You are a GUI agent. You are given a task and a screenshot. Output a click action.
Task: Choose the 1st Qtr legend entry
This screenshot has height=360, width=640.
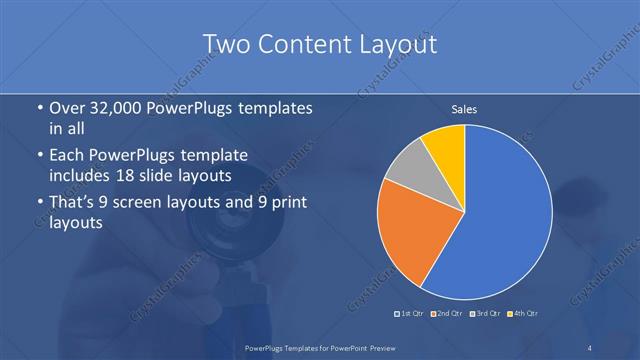pyautogui.click(x=411, y=314)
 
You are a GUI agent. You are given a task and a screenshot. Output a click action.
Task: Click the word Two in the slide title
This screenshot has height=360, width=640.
pyautogui.click(x=225, y=45)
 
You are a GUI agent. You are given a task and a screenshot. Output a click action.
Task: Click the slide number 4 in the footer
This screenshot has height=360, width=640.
pyautogui.click(x=589, y=347)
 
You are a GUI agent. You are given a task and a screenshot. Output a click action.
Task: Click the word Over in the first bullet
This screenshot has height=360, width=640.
pyautogui.click(x=66, y=108)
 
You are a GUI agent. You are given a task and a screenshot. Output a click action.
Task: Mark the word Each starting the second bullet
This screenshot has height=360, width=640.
pyautogui.click(x=66, y=156)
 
